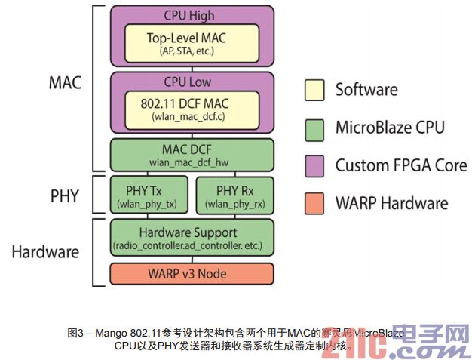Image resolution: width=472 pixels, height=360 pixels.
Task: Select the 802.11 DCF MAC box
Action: (192, 108)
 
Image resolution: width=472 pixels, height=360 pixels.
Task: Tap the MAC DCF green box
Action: (192, 153)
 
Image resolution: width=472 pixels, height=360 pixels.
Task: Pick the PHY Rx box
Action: (234, 195)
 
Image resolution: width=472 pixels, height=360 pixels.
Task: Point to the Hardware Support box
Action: (192, 238)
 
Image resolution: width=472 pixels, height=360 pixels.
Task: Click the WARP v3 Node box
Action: (192, 273)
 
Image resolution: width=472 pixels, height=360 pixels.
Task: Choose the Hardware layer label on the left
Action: (46, 251)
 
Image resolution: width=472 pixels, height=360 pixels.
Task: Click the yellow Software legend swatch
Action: (314, 90)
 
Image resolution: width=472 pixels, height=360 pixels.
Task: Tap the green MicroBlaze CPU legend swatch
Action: (314, 128)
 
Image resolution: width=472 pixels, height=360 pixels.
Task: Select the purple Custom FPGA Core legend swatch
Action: (314, 165)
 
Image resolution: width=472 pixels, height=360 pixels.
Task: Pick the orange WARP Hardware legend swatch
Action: (314, 202)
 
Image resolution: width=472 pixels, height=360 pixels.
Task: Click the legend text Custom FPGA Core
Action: (401, 165)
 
